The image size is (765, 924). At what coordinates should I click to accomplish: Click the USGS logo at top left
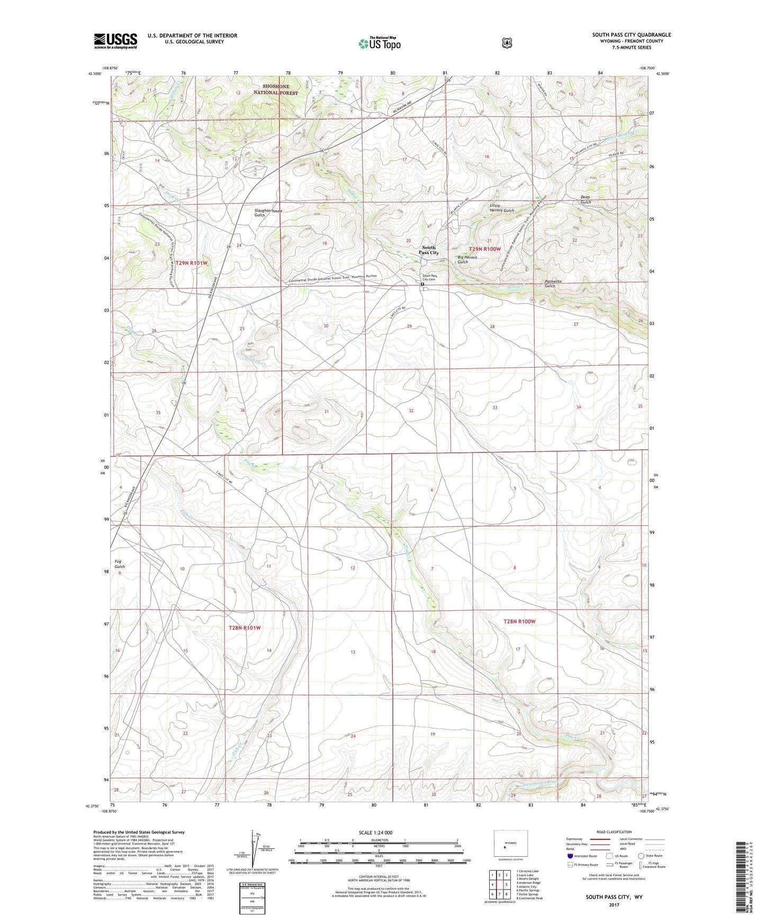tap(115, 41)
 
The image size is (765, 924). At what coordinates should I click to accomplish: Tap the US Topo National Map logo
tap(379, 43)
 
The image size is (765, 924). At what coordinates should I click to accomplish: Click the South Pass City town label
tap(428, 250)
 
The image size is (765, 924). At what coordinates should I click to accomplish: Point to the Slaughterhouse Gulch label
tap(268, 213)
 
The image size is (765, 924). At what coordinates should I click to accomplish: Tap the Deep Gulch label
tap(585, 200)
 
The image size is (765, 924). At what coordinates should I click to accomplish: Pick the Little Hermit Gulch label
tap(501, 207)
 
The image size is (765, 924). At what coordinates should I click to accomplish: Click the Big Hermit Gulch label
tap(467, 259)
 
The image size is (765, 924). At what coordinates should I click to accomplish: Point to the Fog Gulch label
tap(120, 564)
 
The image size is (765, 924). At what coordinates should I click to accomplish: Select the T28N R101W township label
tap(245, 628)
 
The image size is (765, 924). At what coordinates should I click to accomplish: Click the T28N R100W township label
tap(519, 621)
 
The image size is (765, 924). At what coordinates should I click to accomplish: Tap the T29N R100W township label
tap(484, 249)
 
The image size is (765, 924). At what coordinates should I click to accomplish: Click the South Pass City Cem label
tap(429, 277)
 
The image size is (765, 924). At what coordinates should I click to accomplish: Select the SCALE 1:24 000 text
tap(375, 832)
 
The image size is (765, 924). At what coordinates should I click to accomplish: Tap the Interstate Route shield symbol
tap(570, 856)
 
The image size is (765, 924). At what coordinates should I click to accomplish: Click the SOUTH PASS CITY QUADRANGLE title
tap(631, 35)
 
